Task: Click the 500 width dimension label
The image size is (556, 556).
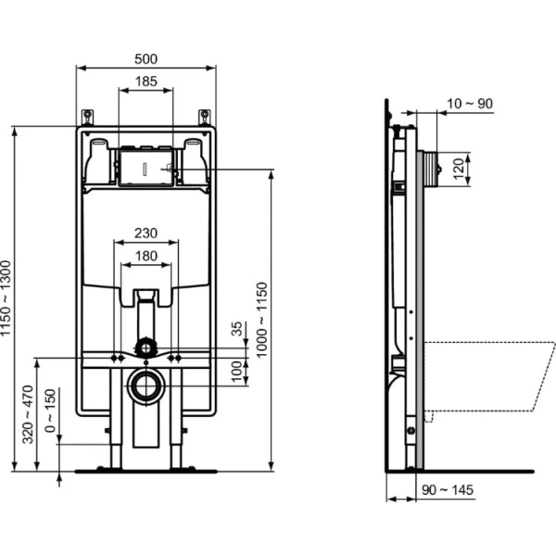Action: [145, 57]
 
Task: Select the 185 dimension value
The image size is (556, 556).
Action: [145, 82]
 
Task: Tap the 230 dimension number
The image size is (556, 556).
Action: [145, 234]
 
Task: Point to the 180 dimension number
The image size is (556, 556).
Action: [145, 256]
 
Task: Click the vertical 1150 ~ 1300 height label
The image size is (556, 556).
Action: [8, 298]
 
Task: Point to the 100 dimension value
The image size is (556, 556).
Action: [237, 371]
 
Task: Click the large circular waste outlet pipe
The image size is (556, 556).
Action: [145, 385]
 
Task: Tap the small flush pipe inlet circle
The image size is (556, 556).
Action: [145, 347]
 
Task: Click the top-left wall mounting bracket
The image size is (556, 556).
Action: [88, 117]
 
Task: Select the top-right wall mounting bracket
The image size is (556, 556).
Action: [203, 117]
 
